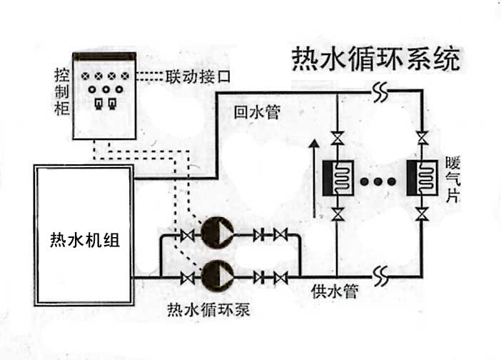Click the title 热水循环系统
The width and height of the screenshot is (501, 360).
[376, 59]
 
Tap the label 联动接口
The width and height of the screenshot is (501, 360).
[198, 76]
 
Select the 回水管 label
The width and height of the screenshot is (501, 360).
[257, 112]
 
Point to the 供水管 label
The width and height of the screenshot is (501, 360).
[335, 291]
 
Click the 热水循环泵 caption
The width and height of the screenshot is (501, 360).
[208, 309]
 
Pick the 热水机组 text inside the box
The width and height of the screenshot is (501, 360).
[85, 240]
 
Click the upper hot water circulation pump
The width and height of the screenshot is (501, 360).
[217, 232]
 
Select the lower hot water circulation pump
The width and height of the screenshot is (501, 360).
[217, 276]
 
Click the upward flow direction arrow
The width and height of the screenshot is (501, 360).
[315, 179]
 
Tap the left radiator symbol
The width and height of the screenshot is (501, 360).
[338, 178]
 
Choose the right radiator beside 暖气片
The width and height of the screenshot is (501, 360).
[422, 178]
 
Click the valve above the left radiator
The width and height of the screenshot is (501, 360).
[338, 138]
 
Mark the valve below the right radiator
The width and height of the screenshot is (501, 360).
[422, 214]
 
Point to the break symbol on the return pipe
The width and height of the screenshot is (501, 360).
[380, 92]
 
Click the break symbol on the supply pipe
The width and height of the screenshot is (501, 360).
[380, 276]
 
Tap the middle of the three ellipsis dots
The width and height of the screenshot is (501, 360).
[378, 181]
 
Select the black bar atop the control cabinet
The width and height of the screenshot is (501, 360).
[104, 56]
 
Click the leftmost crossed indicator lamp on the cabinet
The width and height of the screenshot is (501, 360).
[85, 76]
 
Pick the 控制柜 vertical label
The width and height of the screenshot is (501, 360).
[61, 91]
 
